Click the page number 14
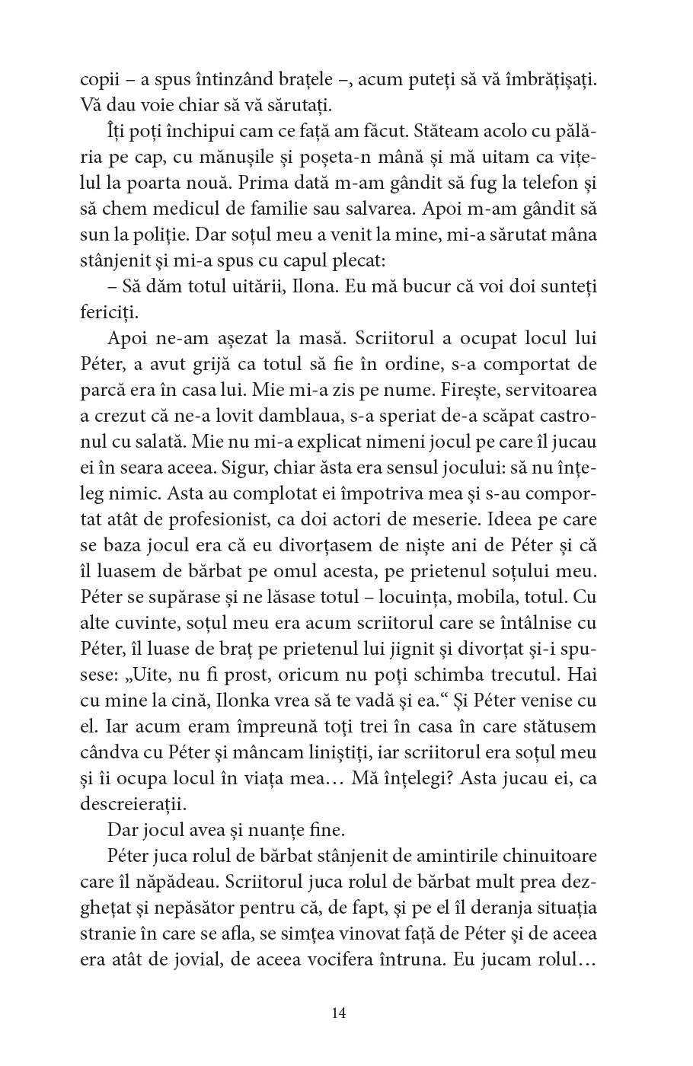(340, 1013)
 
